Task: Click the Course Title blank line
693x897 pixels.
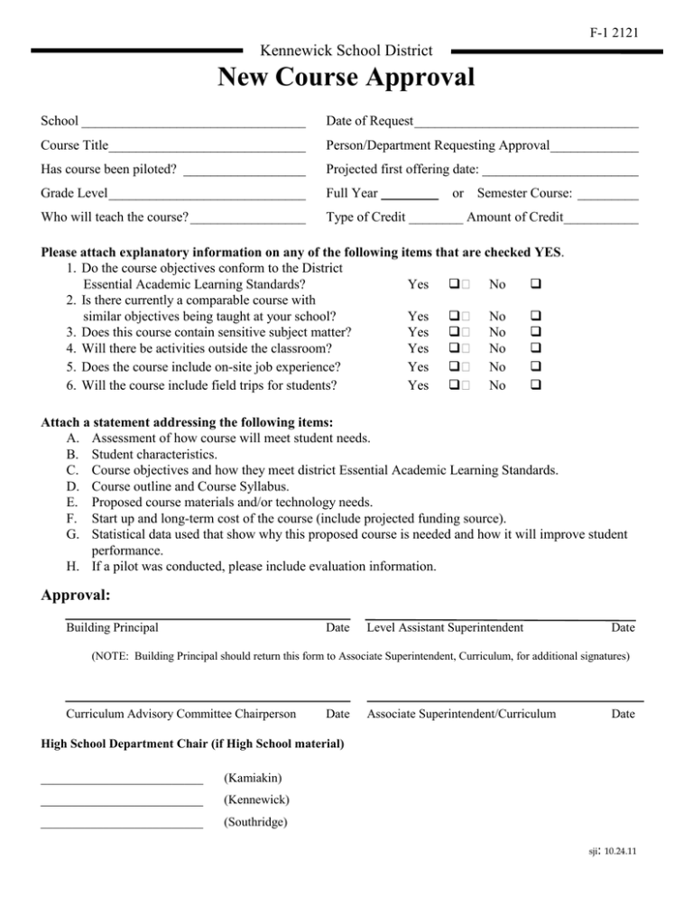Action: click(208, 147)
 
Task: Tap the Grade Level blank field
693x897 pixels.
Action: click(207, 194)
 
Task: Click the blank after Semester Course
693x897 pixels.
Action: click(608, 194)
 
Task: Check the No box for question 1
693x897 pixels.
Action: click(536, 284)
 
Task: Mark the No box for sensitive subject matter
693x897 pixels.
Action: click(536, 333)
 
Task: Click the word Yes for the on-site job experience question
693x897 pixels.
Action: click(419, 367)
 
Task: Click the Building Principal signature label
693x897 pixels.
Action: click(113, 627)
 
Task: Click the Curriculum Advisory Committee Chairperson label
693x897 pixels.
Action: click(181, 714)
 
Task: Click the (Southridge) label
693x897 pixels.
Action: click(254, 823)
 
